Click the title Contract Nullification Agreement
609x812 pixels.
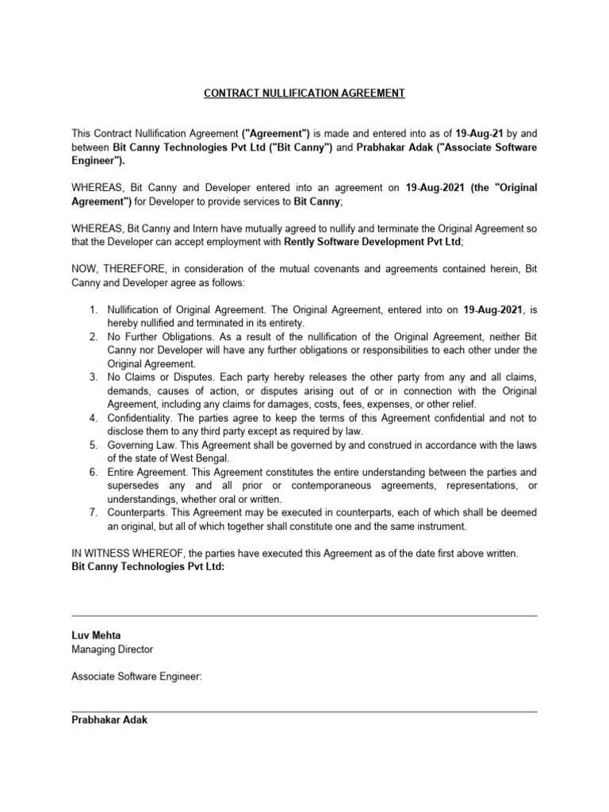304,94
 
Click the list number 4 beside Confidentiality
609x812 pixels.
93,418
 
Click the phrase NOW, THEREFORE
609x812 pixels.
109,268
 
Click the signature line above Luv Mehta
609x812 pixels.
304,615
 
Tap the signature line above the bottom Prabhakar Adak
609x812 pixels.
304,711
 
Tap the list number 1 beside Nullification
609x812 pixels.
93,309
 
